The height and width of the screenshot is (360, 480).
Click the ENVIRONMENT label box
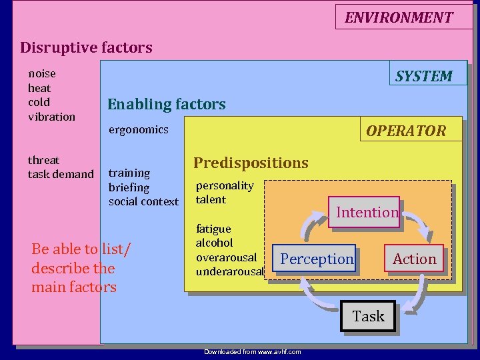pyautogui.click(x=398, y=17)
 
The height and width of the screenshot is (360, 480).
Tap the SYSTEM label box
pyautogui.click(x=423, y=76)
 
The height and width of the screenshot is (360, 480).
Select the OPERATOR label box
pyautogui.click(x=405, y=131)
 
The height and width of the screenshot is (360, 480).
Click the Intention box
pyautogui.click(x=367, y=213)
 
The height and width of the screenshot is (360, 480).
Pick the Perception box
pyautogui.click(x=316, y=259)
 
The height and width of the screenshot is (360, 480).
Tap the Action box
pyautogui.click(x=414, y=259)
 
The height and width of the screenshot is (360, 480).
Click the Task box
pyautogui.click(x=368, y=316)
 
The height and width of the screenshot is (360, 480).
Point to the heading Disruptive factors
pyautogui.click(x=86, y=47)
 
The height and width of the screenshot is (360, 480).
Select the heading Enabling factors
pyautogui.click(x=166, y=104)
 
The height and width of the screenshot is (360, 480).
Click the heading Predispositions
pyautogui.click(x=251, y=163)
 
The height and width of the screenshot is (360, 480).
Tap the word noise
pyautogui.click(x=41, y=73)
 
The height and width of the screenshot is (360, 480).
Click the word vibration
pyautogui.click(x=51, y=117)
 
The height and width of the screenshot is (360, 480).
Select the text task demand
pyautogui.click(x=61, y=174)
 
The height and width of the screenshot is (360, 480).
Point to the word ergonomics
pyautogui.click(x=138, y=129)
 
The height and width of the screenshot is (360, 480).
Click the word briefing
pyautogui.click(x=129, y=187)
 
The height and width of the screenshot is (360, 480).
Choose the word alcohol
pyautogui.click(x=214, y=243)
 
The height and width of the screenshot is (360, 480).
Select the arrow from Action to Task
pyautogui.click(x=420, y=293)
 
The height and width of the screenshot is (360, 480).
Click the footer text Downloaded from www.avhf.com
pyautogui.click(x=252, y=351)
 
